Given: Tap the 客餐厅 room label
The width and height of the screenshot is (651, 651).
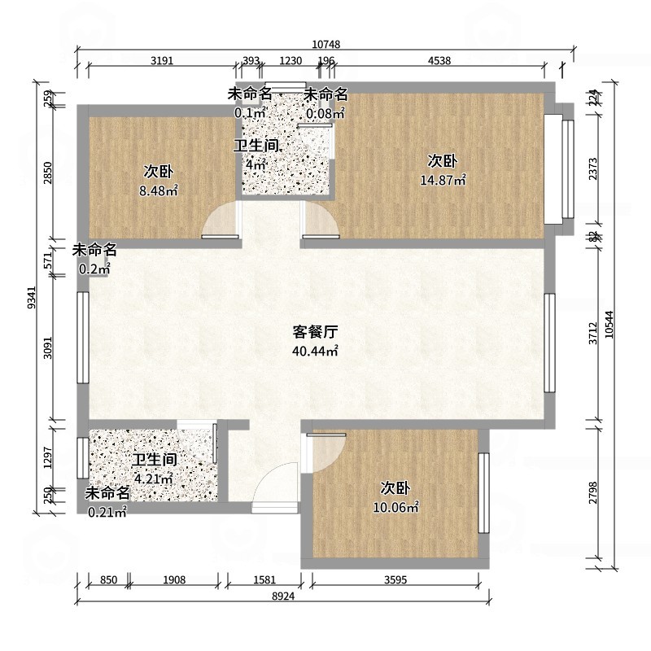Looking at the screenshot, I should pyautogui.click(x=315, y=332).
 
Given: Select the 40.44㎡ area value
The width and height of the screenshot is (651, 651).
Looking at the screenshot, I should pyautogui.click(x=315, y=352).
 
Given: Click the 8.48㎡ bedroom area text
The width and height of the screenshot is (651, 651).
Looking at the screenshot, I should pyautogui.click(x=159, y=192).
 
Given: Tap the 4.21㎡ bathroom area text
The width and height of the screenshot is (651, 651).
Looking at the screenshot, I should pyautogui.click(x=154, y=478).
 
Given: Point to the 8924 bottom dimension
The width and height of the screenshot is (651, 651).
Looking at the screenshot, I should pyautogui.click(x=282, y=596).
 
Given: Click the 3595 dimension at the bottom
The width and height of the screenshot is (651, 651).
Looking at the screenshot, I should pyautogui.click(x=395, y=579).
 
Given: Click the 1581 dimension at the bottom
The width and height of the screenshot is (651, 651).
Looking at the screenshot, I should pyautogui.click(x=264, y=579).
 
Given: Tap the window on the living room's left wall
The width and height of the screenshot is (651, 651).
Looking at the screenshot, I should pyautogui.click(x=82, y=337).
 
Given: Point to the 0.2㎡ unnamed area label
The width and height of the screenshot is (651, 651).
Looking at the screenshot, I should pyautogui.click(x=94, y=269).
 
